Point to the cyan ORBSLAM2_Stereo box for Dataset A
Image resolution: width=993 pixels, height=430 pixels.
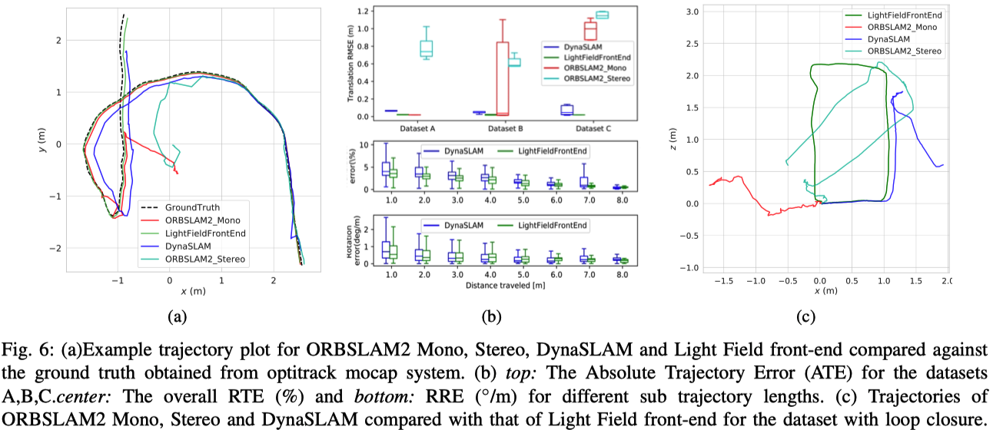coord(426,48)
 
